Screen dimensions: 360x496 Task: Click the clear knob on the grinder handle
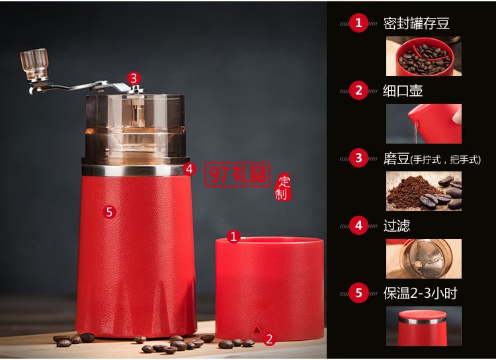click(x=34, y=63)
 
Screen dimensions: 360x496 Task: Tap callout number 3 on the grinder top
click(x=134, y=78)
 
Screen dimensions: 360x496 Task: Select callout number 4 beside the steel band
click(x=190, y=169)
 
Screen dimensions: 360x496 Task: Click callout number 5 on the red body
click(x=110, y=212)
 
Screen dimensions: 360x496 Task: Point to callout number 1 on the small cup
click(x=233, y=236)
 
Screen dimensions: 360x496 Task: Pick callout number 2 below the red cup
click(x=269, y=339)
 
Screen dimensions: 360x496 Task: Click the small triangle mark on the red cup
click(x=257, y=328)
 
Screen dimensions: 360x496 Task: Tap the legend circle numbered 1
click(x=358, y=23)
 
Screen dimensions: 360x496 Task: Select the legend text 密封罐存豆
click(x=416, y=24)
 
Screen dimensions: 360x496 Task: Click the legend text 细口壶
click(x=403, y=91)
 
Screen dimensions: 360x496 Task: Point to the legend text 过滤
click(x=396, y=226)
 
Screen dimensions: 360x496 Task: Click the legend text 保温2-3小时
click(x=420, y=293)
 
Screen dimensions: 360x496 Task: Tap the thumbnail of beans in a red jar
click(x=423, y=56)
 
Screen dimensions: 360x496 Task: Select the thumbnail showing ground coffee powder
click(x=424, y=191)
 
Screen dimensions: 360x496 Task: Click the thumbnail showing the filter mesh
click(x=424, y=259)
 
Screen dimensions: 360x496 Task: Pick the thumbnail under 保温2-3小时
click(x=424, y=326)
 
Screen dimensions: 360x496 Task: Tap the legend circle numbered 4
click(x=358, y=226)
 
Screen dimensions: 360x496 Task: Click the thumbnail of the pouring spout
click(x=424, y=124)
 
